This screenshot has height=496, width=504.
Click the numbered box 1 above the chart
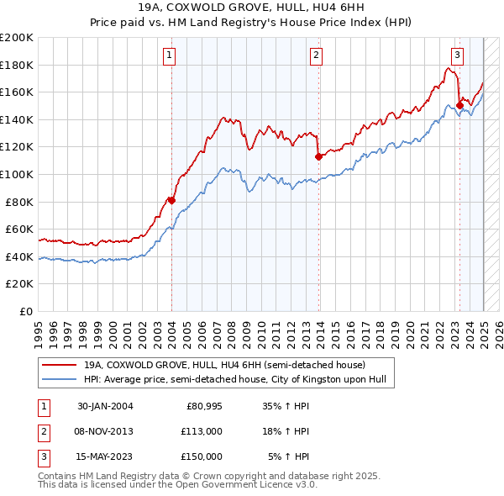pyautogui.click(x=170, y=55)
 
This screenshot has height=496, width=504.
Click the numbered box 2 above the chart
pyautogui.click(x=316, y=55)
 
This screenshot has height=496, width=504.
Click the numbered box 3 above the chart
pyautogui.click(x=457, y=55)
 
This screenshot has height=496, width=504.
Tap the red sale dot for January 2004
pyautogui.click(x=171, y=200)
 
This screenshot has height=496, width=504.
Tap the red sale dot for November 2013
pyautogui.click(x=319, y=156)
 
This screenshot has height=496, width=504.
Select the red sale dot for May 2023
pyautogui.click(x=459, y=105)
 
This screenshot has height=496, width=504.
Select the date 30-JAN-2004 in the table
pyautogui.click(x=105, y=408)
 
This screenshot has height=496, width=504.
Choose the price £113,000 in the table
pyautogui.click(x=202, y=432)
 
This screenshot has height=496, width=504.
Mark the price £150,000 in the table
pyautogui.click(x=202, y=456)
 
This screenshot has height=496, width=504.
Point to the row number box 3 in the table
pyautogui.click(x=43, y=456)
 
